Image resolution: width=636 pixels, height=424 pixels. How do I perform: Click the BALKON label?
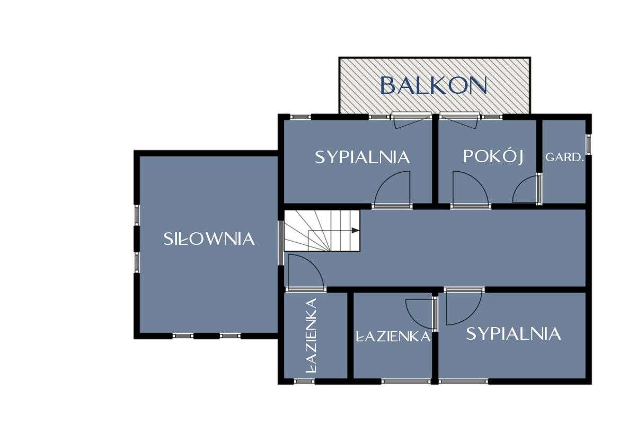434,85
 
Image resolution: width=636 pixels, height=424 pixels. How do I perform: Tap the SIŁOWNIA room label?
208,239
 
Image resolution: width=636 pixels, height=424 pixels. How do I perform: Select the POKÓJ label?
493,157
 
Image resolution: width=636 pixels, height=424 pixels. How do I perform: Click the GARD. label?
564,157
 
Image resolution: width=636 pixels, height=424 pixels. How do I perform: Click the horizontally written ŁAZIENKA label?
393,337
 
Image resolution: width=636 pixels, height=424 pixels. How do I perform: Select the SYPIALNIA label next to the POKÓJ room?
363,157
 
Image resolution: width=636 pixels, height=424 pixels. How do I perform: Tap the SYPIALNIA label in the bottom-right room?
513,334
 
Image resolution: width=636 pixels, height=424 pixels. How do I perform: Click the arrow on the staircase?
354,231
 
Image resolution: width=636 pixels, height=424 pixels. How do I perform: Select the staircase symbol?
321,231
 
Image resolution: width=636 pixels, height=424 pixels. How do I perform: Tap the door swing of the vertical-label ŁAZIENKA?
304,272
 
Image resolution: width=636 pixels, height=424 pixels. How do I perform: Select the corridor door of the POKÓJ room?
470,190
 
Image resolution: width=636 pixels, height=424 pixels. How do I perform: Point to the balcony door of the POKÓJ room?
459,120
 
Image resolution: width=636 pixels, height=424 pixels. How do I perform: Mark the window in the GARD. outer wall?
588,145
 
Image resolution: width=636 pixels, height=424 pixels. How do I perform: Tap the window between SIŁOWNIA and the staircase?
280,242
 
